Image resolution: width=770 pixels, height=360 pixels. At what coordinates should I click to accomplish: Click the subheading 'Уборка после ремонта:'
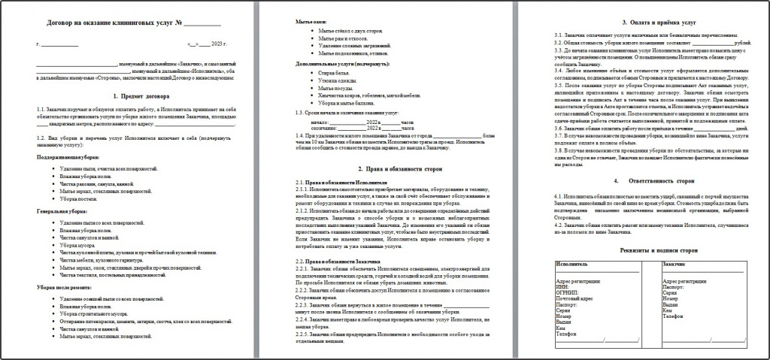pos(65,287)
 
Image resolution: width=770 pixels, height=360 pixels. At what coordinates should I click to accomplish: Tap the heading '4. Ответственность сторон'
pos(647,181)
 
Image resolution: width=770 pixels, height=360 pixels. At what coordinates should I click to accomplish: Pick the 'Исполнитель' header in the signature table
pos(574,265)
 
